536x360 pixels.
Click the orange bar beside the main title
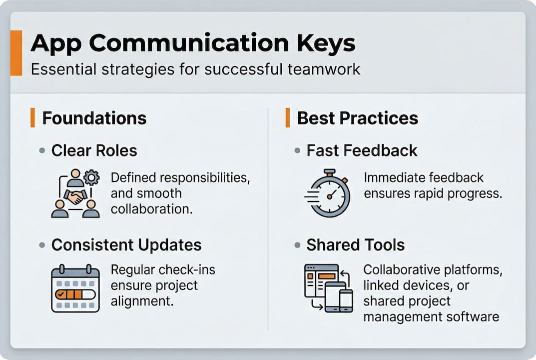16,52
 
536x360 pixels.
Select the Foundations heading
94,118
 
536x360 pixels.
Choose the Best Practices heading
358,118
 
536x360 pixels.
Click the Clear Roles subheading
94,150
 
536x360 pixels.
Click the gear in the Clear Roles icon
91,177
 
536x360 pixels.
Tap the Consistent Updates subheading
126,245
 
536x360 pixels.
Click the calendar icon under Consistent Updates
75,289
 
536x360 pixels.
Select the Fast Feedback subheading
362,150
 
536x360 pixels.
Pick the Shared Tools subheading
355,245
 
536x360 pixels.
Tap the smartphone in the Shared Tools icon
346,300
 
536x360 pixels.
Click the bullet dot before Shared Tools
297,245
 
